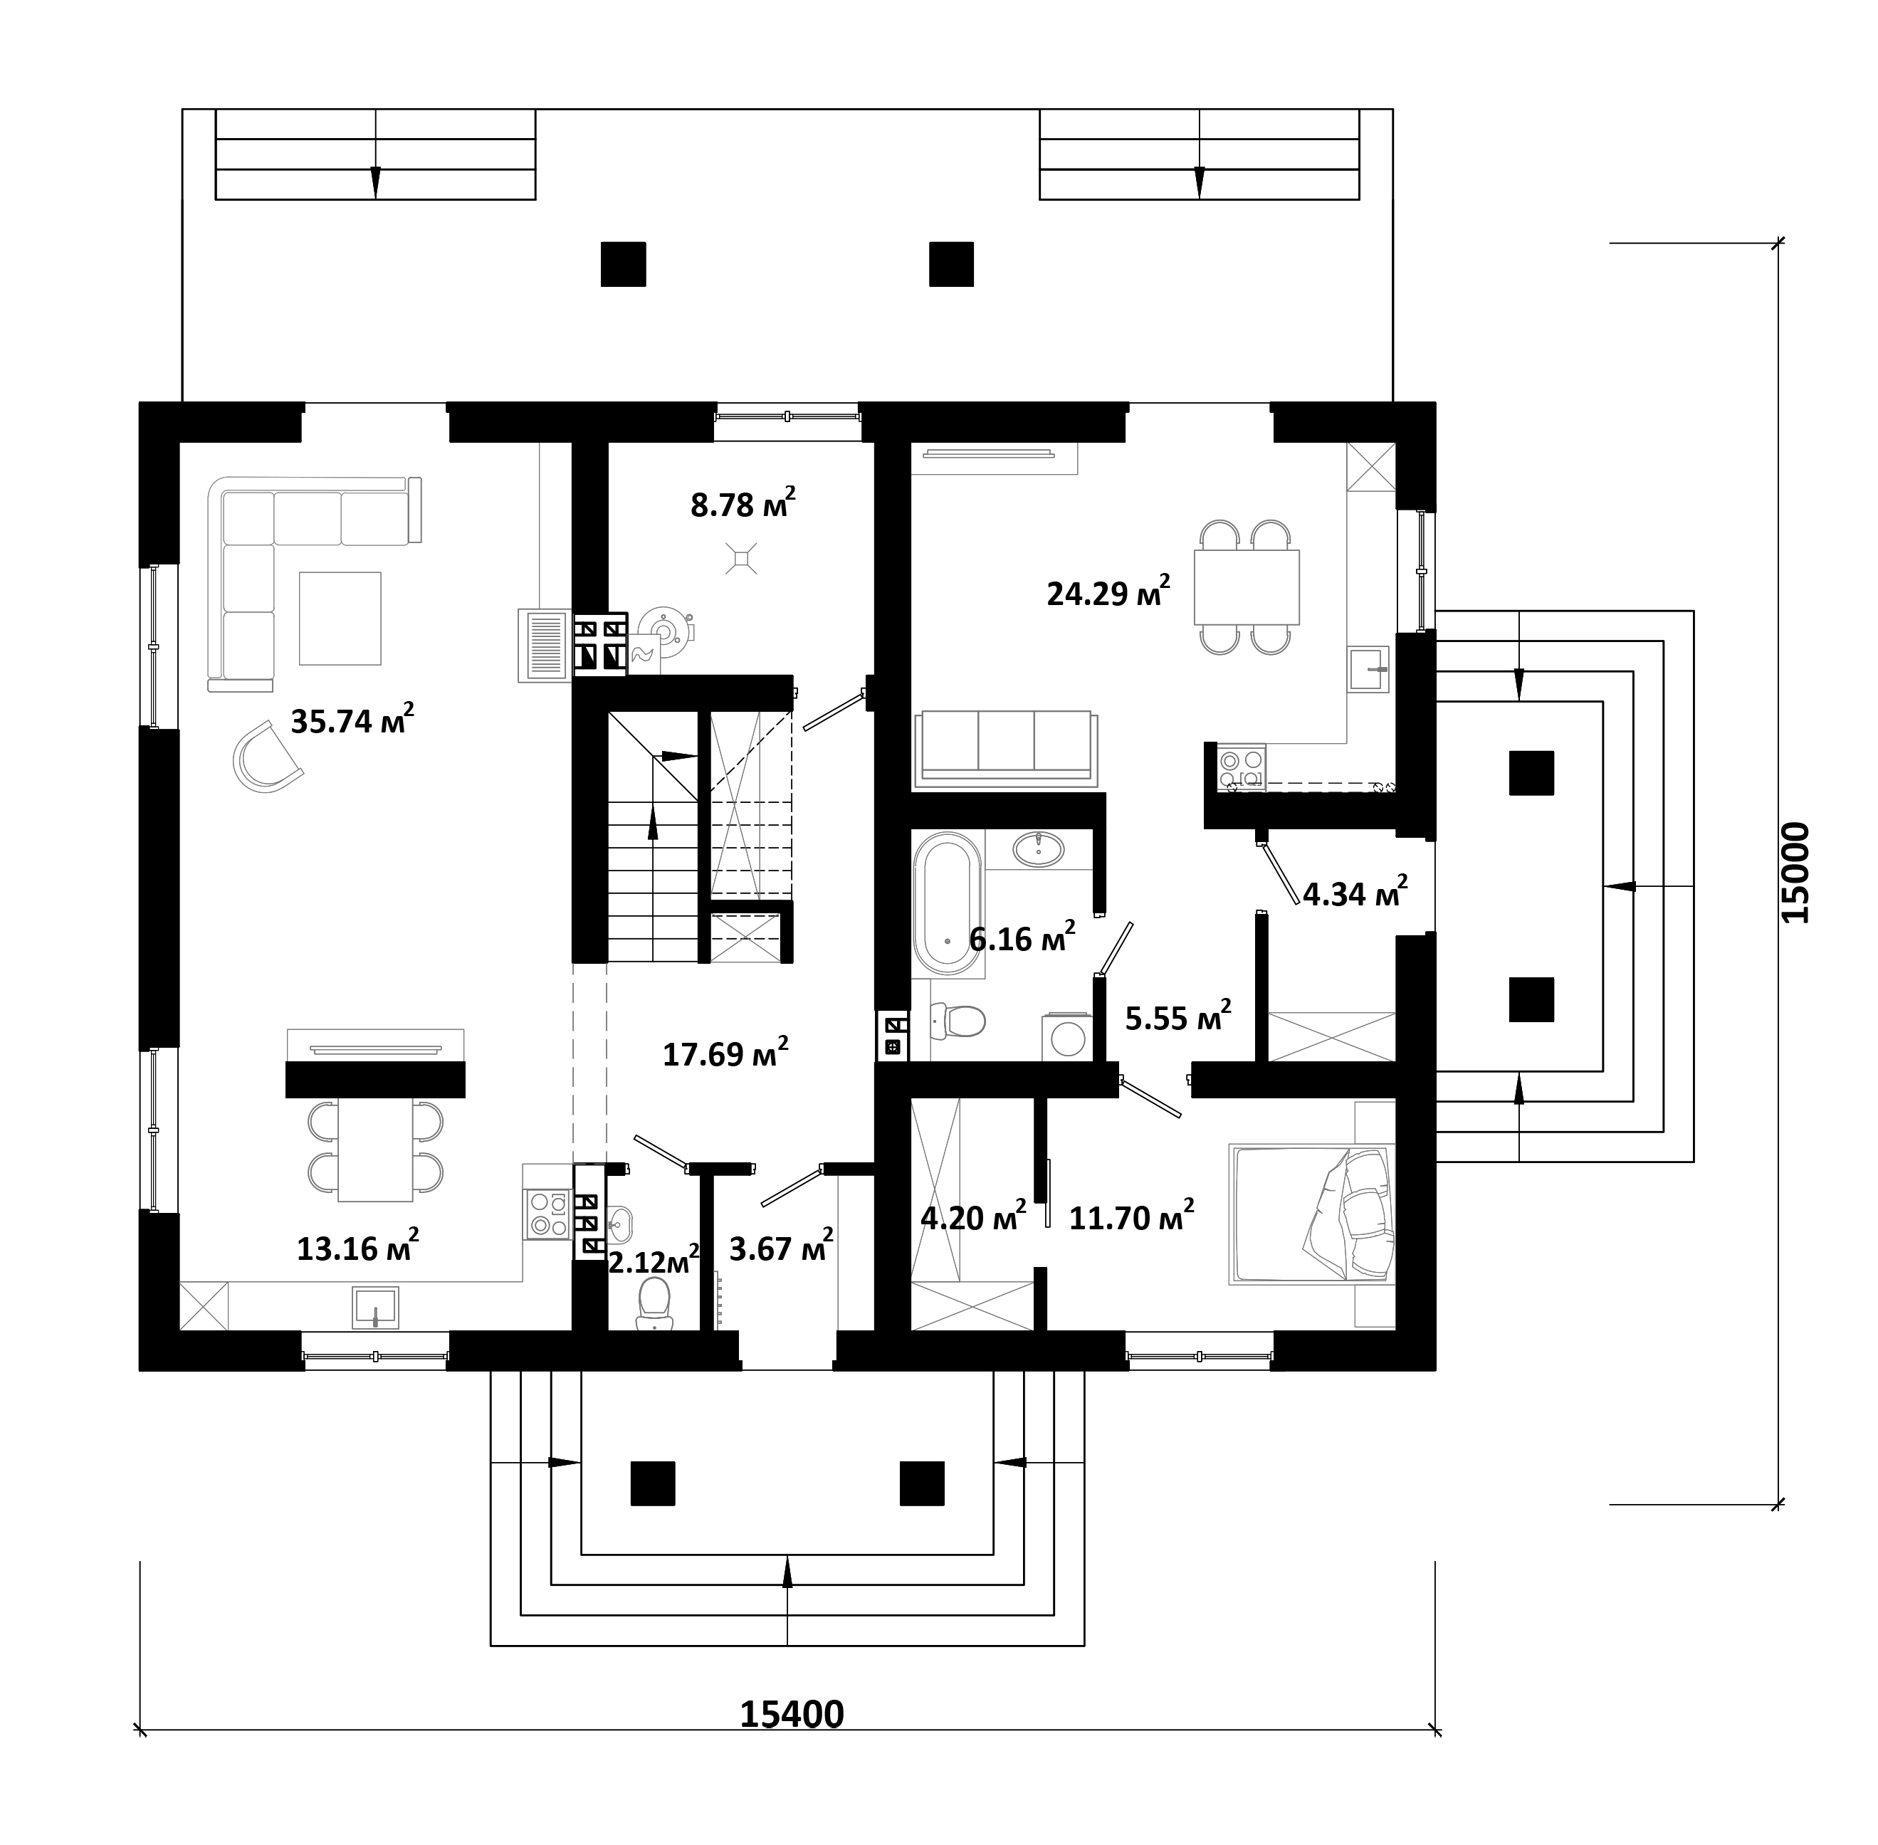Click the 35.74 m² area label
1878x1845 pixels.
click(352, 719)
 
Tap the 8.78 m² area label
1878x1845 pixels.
click(743, 503)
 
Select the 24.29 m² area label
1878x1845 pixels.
click(1108, 590)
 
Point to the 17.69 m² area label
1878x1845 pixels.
click(725, 1052)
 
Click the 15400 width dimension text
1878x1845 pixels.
click(792, 1714)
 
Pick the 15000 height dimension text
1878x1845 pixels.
click(1795, 872)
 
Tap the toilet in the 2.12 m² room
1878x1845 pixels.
click(654, 1303)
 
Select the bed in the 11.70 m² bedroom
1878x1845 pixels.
click(1312, 1215)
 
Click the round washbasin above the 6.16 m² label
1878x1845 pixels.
click(1038, 849)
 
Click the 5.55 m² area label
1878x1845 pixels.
click(1178, 1016)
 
